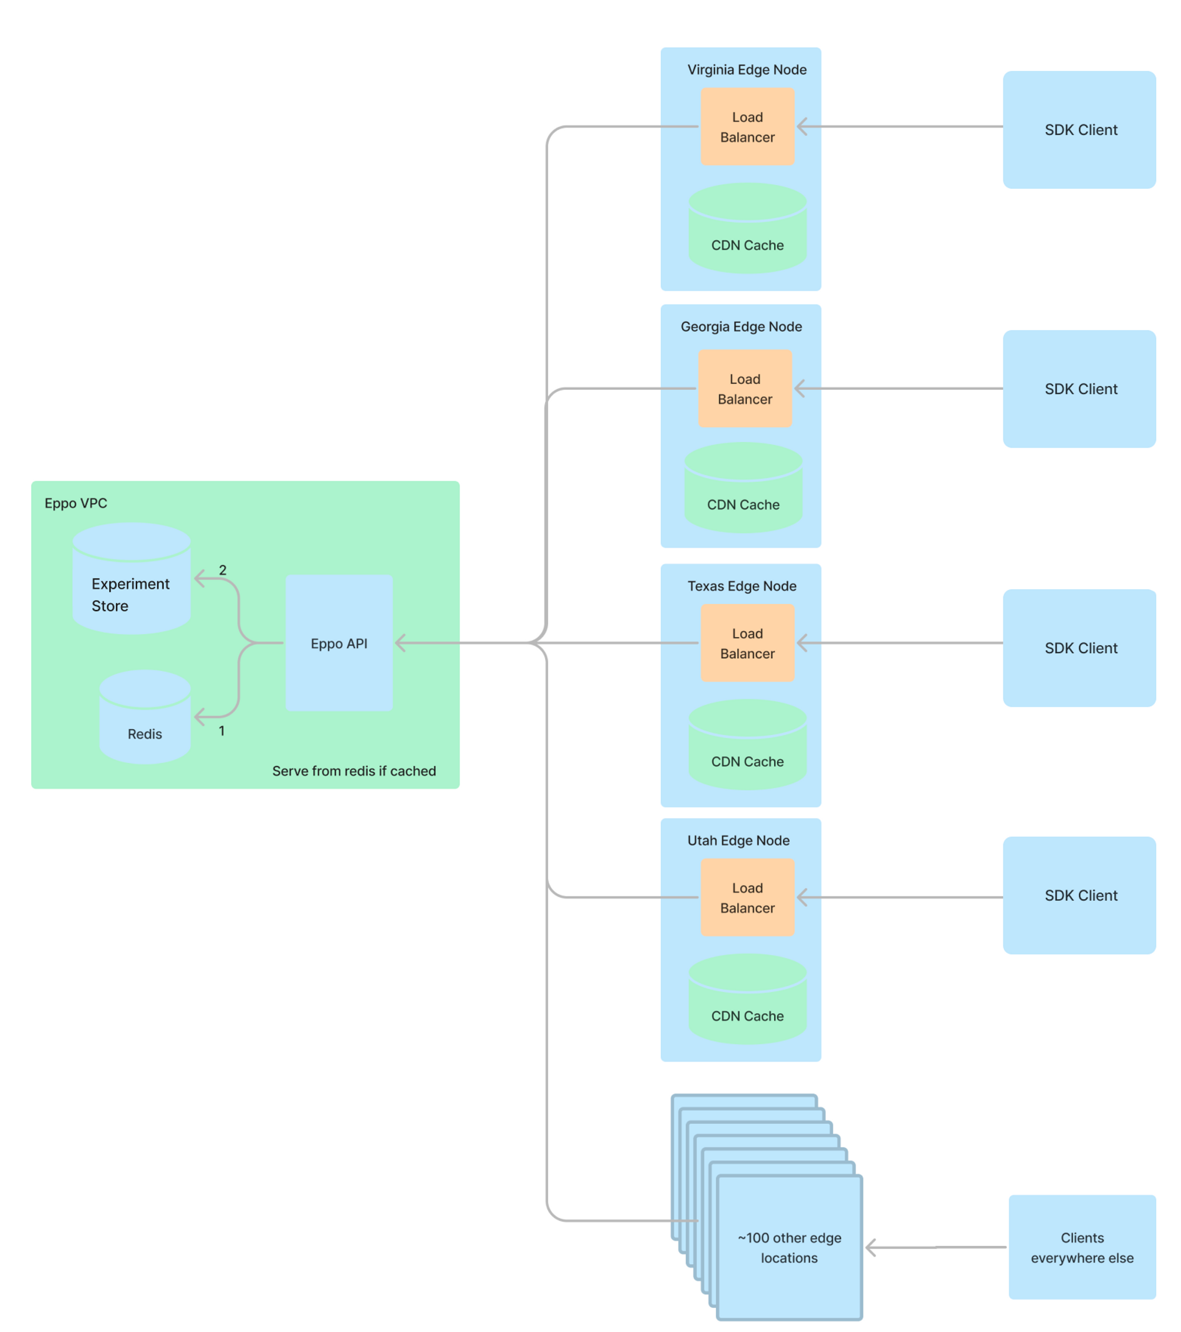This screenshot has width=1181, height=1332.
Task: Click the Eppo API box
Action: tap(339, 642)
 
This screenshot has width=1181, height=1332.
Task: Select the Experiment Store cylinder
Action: tap(132, 586)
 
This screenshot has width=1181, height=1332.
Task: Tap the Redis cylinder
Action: tap(145, 723)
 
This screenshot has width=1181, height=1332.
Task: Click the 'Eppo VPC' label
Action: tap(76, 503)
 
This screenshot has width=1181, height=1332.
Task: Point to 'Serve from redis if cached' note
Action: tap(354, 771)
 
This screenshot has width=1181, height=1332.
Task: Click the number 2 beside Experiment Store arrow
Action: tap(222, 570)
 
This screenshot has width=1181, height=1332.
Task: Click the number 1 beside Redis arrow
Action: tap(221, 731)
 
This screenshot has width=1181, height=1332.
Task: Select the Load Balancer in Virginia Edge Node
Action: tap(747, 127)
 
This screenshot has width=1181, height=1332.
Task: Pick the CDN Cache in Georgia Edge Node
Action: tap(743, 495)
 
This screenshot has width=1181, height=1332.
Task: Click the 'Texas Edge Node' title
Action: tap(742, 586)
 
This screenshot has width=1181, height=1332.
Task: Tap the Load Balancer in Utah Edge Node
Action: tap(747, 897)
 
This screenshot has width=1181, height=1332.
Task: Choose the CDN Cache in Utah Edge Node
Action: tap(747, 1007)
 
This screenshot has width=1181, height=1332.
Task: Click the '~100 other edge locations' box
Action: tap(789, 1248)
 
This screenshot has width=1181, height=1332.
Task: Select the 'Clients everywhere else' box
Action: tap(1082, 1248)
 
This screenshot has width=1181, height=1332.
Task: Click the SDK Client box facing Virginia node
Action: tap(1079, 130)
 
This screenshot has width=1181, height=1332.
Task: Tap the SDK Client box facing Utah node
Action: tap(1079, 896)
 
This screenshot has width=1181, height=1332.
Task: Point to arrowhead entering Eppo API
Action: tap(400, 642)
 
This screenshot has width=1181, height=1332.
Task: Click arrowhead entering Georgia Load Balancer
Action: tap(799, 389)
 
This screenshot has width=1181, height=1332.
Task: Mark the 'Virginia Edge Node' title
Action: tap(747, 70)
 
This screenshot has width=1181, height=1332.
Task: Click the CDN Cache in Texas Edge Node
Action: tap(747, 753)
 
